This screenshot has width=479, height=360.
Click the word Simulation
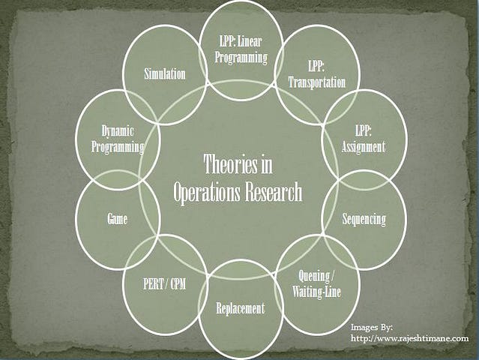click(x=165, y=74)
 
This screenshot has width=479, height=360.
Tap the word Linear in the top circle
click(x=250, y=41)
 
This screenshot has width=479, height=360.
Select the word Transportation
click(x=317, y=82)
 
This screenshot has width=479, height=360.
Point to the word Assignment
click(x=364, y=147)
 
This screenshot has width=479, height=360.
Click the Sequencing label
click(x=364, y=220)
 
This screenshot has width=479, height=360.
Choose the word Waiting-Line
click(x=316, y=292)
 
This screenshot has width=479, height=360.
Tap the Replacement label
click(x=241, y=308)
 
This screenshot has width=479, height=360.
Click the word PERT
click(x=153, y=284)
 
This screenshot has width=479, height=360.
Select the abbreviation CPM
click(x=178, y=284)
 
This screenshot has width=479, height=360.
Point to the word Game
click(x=117, y=219)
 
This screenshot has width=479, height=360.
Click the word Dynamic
click(x=118, y=131)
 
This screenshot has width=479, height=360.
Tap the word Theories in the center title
click(x=226, y=164)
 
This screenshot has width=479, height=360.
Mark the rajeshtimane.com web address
click(x=409, y=338)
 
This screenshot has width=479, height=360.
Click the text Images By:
click(x=372, y=327)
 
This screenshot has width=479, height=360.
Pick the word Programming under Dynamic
click(x=118, y=147)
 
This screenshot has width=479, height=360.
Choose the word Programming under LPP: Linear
click(x=241, y=58)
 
